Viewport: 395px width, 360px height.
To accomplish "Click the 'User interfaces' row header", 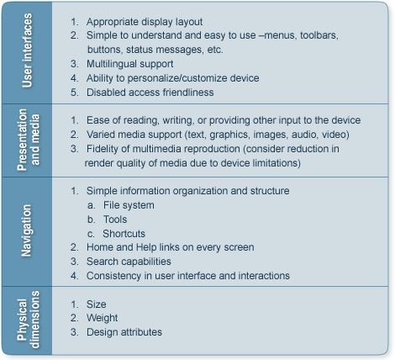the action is tap(27, 50).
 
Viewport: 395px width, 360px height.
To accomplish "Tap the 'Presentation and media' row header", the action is tap(29, 140).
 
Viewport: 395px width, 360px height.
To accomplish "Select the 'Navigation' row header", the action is tap(26, 230).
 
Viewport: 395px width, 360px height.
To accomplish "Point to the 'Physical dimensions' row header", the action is tap(29, 320).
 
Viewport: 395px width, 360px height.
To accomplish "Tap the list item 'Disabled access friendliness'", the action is tap(150, 93).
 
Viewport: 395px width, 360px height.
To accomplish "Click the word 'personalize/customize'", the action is tap(177, 78).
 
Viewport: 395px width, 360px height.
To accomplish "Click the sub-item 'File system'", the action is tap(129, 205).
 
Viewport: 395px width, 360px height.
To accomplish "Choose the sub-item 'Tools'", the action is tap(115, 220).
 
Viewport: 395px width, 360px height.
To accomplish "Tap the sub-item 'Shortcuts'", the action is tap(124, 234).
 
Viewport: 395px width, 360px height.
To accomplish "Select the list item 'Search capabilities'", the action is tap(129, 262).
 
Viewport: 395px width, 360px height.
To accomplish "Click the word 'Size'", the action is tap(96, 304).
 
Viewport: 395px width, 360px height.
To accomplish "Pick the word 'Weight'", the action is tap(102, 318).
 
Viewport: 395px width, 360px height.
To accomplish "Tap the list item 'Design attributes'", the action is tap(124, 332).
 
